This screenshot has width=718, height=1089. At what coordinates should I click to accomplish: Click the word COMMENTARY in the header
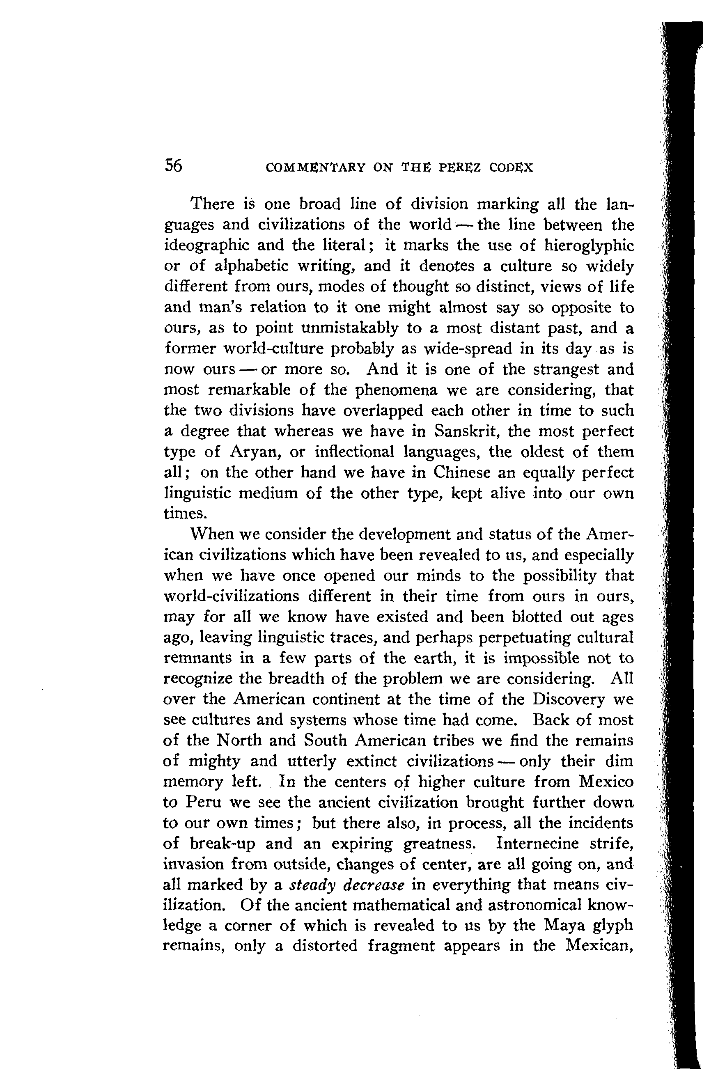tap(314, 167)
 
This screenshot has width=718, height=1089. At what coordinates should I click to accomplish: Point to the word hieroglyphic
tap(588, 246)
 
